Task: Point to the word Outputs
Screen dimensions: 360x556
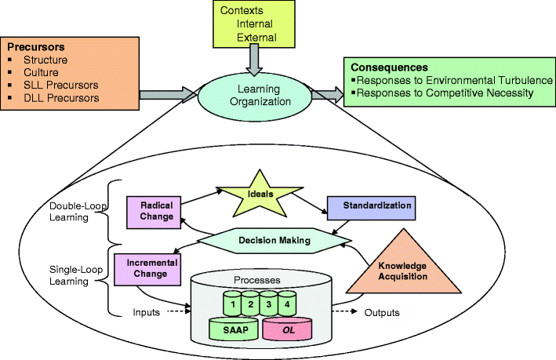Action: point(382,313)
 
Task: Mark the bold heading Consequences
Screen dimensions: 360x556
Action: point(390,67)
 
